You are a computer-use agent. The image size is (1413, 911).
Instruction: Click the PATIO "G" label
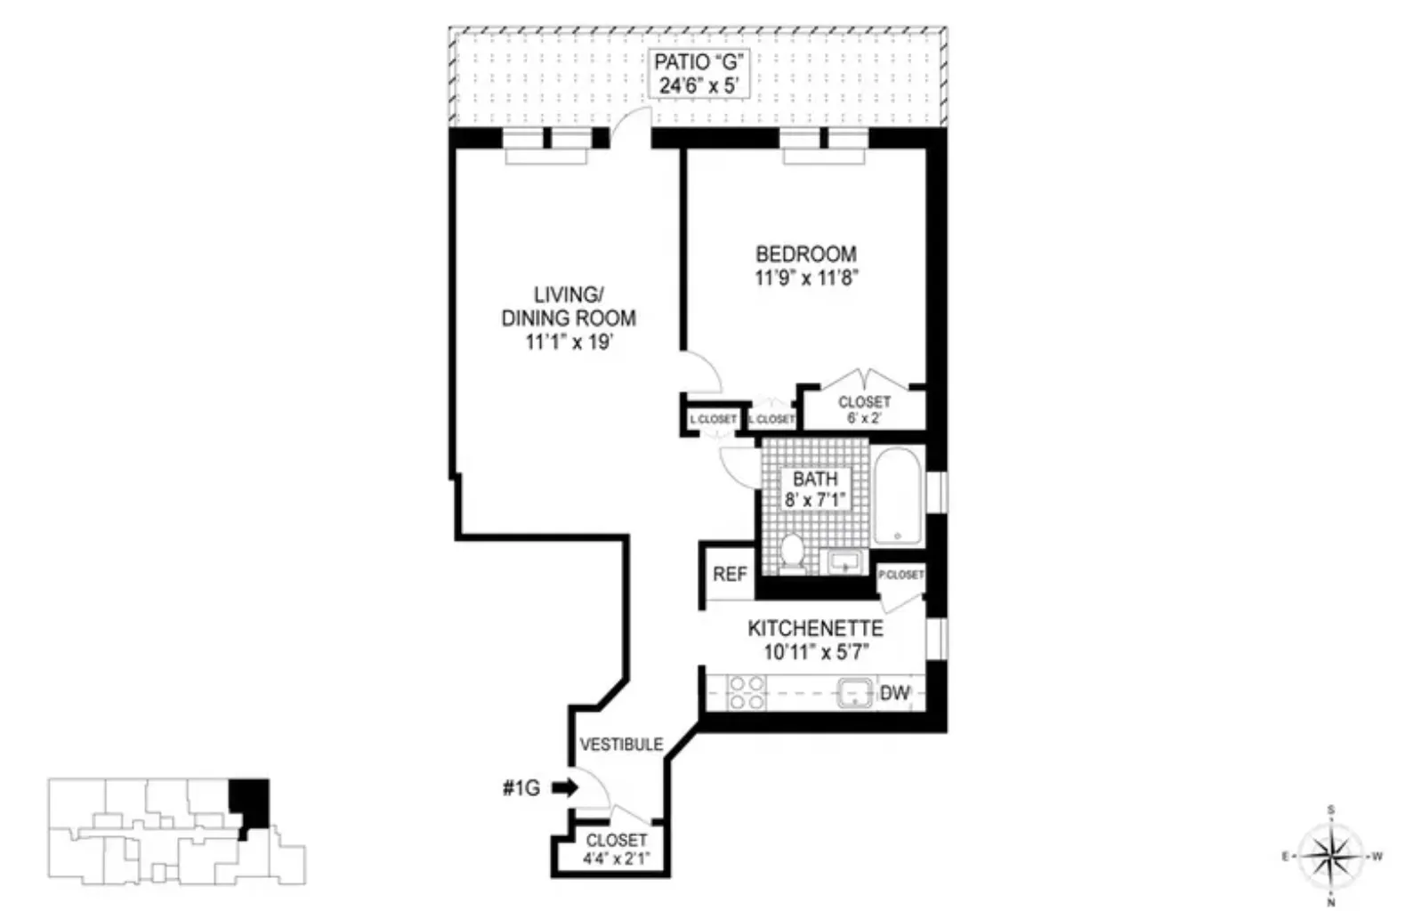coord(698,62)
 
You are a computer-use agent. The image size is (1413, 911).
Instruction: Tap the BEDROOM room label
coord(806,254)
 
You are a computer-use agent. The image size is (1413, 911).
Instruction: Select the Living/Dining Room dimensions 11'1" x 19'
coord(569,343)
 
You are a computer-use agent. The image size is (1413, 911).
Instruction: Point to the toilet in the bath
coord(790,552)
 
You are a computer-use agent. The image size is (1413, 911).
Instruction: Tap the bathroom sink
coord(844,562)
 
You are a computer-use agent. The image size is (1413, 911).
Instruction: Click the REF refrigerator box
coord(730,575)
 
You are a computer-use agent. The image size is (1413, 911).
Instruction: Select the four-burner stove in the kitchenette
coord(747,692)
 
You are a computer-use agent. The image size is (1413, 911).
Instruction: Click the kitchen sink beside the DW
coord(856,693)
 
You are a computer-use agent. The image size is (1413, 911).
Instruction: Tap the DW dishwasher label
coord(895,693)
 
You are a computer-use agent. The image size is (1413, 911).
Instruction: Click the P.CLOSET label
coord(901,575)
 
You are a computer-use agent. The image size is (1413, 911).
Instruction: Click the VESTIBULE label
coord(621,744)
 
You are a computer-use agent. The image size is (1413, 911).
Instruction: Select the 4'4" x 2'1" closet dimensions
coord(617,859)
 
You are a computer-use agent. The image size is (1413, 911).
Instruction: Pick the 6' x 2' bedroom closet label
coord(864,418)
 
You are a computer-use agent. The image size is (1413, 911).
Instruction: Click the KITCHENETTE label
coord(815,628)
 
